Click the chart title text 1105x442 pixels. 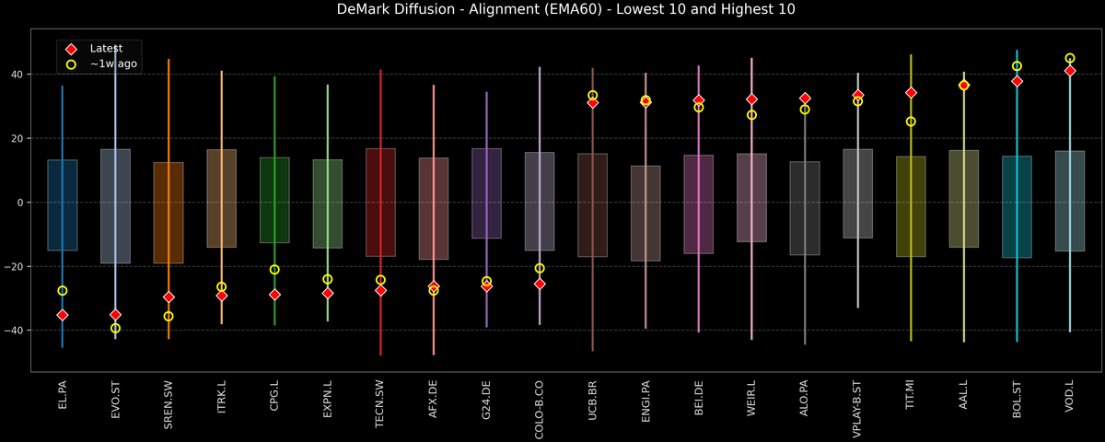pyautogui.click(x=552, y=10)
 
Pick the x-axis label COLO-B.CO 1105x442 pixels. pyautogui.click(x=540, y=411)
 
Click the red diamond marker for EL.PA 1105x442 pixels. pyautogui.click(x=62, y=315)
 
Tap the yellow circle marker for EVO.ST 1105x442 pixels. pyautogui.click(x=115, y=328)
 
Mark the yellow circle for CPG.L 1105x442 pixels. pyautogui.click(x=274, y=270)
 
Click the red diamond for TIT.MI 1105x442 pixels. pyautogui.click(x=911, y=93)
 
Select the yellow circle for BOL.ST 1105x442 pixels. pyautogui.click(x=1018, y=66)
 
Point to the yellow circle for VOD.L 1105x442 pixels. pyautogui.click(x=1070, y=58)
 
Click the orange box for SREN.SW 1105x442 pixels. pyautogui.click(x=169, y=212)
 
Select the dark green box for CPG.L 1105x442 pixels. pyautogui.click(x=274, y=200)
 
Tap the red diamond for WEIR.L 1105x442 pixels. pyautogui.click(x=751, y=99)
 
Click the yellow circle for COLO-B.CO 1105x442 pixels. pyautogui.click(x=540, y=269)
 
